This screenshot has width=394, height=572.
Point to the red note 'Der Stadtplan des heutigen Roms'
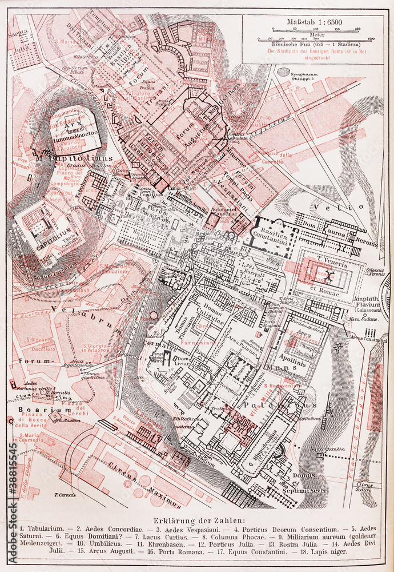tap(312, 51)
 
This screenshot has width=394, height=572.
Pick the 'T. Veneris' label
tap(331, 259)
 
